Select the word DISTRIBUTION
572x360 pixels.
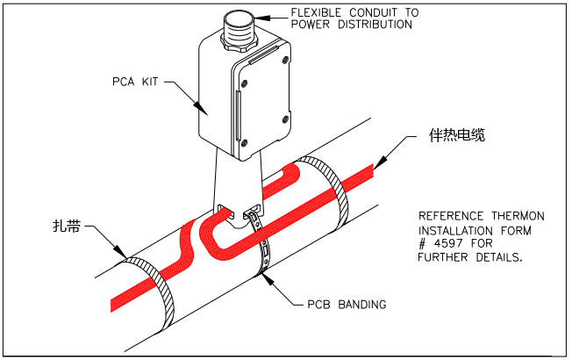tap(372, 25)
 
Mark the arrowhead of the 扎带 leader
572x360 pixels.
tap(126, 258)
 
